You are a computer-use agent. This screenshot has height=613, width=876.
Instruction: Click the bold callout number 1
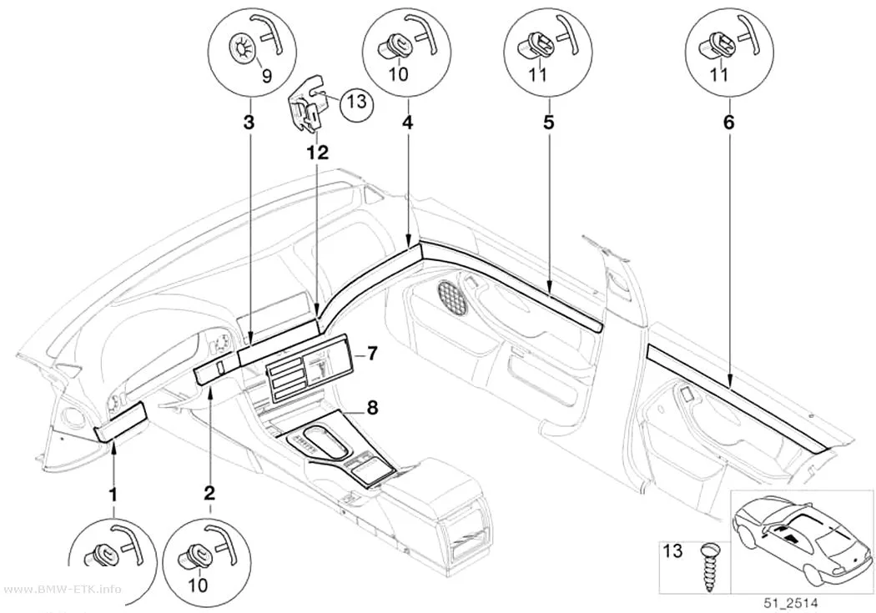coord(113,494)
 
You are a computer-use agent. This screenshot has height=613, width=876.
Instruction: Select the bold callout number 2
coord(209,493)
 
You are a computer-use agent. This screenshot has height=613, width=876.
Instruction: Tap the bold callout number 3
coord(249,123)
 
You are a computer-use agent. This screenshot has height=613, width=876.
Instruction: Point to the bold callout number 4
coord(409,123)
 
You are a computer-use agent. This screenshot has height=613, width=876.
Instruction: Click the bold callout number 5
coord(549,123)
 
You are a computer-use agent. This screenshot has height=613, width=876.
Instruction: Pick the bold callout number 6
coord(729,123)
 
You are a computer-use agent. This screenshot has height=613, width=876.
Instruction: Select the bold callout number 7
coord(372,353)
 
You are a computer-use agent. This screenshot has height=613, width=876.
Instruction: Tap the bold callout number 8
coord(372,408)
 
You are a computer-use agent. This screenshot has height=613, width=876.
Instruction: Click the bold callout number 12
coord(316,152)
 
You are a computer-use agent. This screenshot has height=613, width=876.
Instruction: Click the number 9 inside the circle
coord(266,75)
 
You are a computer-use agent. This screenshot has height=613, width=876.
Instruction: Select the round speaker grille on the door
coord(453,296)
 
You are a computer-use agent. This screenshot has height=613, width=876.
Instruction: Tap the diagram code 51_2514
coord(791,603)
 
